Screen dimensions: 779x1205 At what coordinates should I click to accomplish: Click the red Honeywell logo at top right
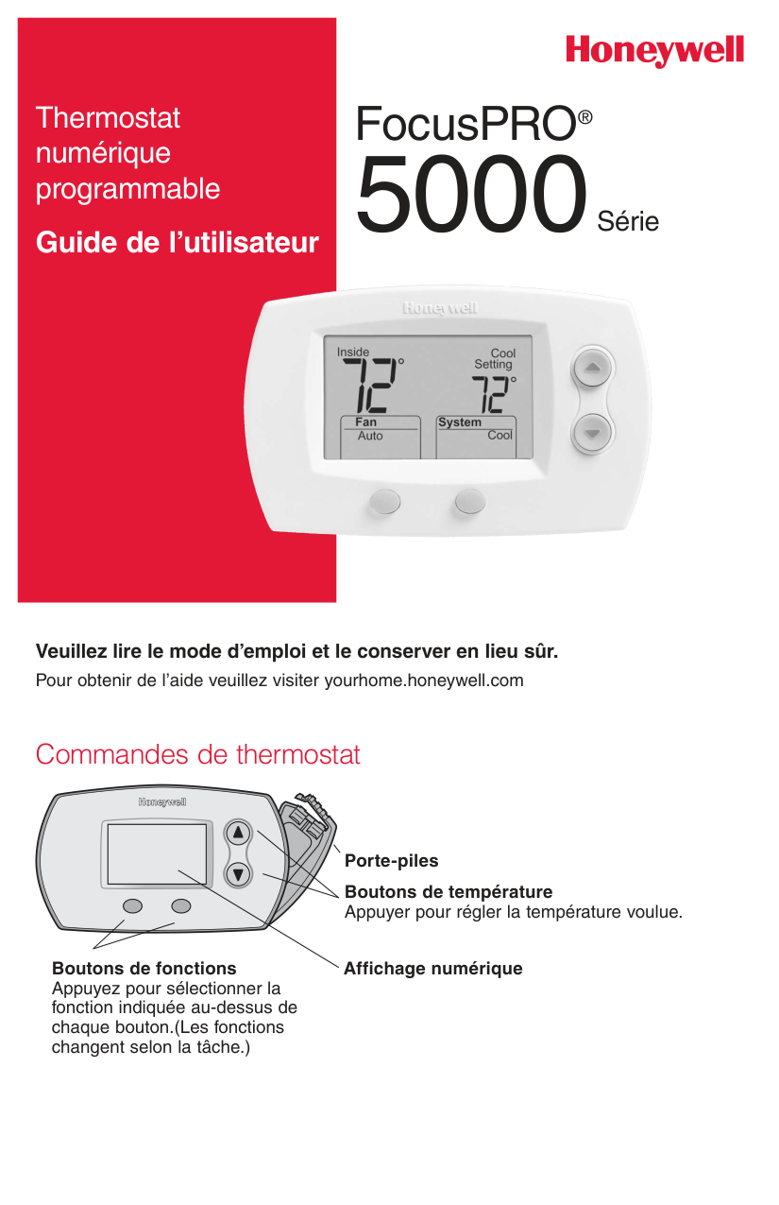[x=654, y=52]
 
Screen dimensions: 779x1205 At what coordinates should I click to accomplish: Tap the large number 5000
[x=471, y=195]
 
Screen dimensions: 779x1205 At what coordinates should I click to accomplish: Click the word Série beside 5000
[x=628, y=221]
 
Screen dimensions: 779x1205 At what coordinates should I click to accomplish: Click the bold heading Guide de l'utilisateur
[x=177, y=242]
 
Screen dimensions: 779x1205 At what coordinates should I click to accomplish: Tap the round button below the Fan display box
[x=385, y=501]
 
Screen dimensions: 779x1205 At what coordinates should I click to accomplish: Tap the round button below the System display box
[x=470, y=501]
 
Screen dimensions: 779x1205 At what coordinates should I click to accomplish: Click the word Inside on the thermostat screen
[x=352, y=352]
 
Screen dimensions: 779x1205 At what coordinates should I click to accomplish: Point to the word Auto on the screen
[x=370, y=436]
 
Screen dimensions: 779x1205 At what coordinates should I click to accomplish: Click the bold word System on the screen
[x=460, y=422]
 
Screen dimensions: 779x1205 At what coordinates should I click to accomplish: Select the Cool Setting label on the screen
[x=495, y=358]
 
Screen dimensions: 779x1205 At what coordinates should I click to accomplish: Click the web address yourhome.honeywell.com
[x=424, y=680]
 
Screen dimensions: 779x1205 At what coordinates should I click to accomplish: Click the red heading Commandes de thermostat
[x=198, y=754]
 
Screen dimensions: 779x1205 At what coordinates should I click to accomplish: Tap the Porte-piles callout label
[x=391, y=861]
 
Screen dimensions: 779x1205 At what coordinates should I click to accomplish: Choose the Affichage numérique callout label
[x=433, y=969]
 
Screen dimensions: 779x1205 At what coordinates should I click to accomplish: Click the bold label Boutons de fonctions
[x=144, y=969]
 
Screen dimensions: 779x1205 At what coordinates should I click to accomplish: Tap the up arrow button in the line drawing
[x=238, y=834]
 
